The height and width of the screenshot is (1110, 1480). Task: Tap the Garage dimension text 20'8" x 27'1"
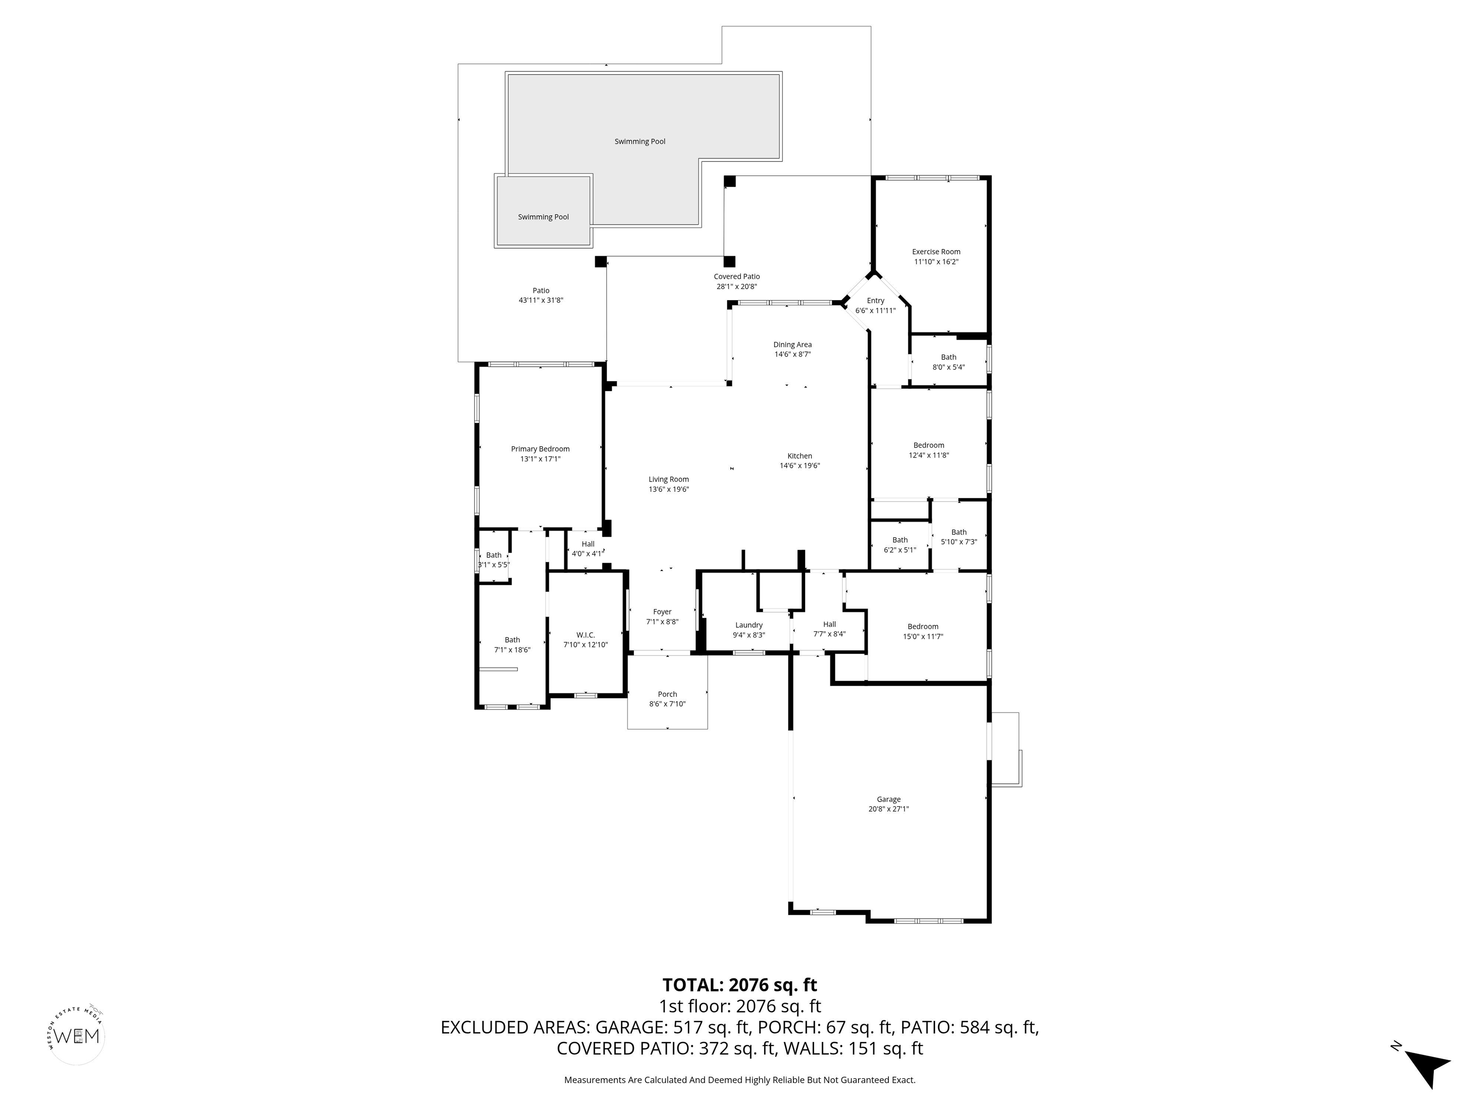tap(888, 809)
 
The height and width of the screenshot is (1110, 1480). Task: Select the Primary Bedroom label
tap(540, 449)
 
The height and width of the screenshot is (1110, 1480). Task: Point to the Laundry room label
tap(749, 625)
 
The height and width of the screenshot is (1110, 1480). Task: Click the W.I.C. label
tap(585, 635)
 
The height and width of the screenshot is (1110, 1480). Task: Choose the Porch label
tap(667, 694)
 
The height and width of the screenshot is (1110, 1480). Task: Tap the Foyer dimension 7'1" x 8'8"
tap(662, 621)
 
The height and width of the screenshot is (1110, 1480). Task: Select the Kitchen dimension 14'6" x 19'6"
tap(800, 466)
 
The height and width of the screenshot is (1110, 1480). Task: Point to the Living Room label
tap(668, 479)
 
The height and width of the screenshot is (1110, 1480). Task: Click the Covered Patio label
tap(737, 277)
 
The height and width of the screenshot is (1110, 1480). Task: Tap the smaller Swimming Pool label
tap(543, 217)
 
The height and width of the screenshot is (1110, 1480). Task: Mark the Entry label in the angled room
tap(875, 301)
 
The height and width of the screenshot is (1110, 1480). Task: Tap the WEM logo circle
tap(77, 1036)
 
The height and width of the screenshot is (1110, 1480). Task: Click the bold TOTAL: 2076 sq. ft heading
tap(740, 985)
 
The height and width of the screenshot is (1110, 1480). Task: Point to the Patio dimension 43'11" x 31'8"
tap(541, 301)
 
